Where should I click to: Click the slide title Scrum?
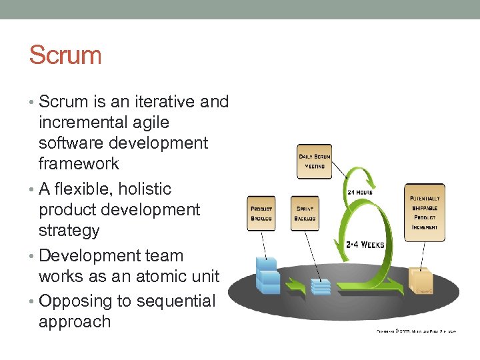65,55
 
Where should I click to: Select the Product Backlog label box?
261,213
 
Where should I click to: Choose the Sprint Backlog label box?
305,213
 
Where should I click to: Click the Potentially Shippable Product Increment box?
425,208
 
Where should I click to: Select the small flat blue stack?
321,287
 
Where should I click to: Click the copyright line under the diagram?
416,330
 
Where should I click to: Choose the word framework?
79,163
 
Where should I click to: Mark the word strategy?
69,231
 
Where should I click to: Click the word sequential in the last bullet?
176,301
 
